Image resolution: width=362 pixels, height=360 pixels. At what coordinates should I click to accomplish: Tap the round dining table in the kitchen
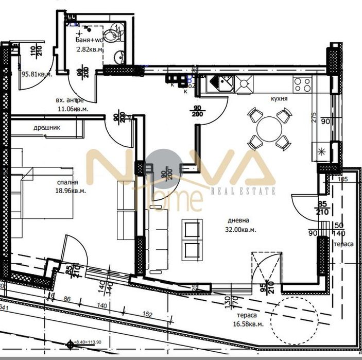(268, 127)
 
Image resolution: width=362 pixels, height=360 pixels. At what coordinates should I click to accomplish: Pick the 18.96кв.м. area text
(72, 191)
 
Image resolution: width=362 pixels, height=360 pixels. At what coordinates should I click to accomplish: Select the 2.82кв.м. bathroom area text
(90, 49)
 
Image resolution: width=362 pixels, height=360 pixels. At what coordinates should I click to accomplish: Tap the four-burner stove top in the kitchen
(302, 83)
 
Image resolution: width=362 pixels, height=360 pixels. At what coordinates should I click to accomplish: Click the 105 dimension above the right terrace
(344, 179)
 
